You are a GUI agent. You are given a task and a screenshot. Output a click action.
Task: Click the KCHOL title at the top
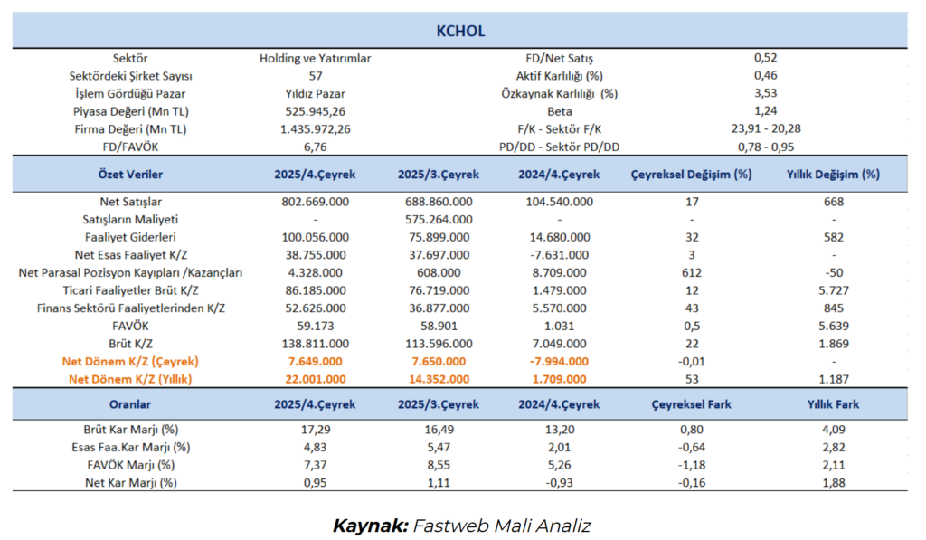tap(460, 31)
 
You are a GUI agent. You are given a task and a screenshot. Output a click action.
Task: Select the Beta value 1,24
tap(765, 110)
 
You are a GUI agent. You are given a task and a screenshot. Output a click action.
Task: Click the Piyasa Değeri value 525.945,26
tap(315, 110)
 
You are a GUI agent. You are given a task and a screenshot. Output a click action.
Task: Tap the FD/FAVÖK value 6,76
tap(315, 146)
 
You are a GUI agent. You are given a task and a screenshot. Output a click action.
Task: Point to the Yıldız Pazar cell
tap(315, 93)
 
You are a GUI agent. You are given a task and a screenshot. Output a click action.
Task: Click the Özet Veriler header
tap(130, 174)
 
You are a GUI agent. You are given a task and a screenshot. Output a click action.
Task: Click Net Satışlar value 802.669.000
tap(315, 201)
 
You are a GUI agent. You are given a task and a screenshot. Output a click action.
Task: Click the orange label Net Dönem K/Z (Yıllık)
tap(130, 379)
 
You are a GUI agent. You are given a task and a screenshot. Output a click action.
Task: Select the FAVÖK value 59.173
tap(315, 326)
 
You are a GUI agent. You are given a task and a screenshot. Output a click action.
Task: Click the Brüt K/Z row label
tap(130, 344)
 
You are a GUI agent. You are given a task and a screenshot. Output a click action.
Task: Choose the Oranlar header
tap(130, 403)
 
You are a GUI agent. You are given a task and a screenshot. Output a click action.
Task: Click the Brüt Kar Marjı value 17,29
tap(315, 429)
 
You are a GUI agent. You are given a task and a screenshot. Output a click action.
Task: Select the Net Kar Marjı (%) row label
tap(130, 482)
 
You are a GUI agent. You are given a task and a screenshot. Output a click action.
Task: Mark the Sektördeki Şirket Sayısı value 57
tap(315, 75)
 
